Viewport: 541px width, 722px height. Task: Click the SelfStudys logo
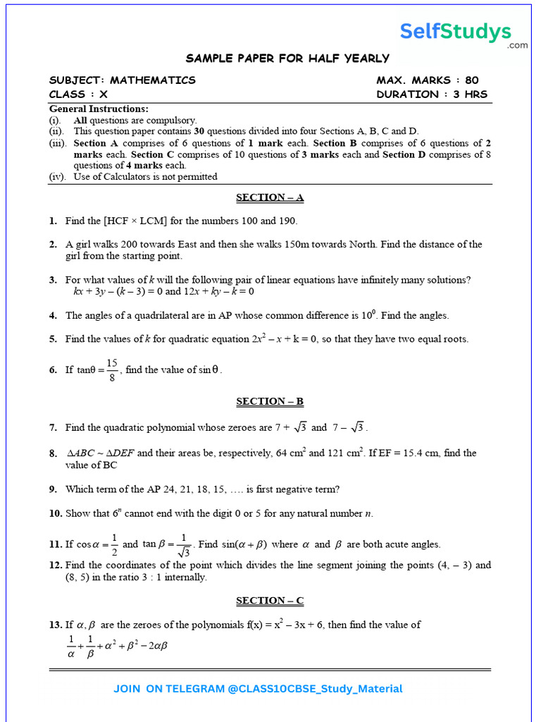click(x=456, y=32)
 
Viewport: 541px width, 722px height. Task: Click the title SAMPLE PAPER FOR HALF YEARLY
click(x=287, y=59)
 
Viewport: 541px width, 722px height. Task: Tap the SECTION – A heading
click(x=270, y=197)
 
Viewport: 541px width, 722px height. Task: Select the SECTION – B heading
click(x=270, y=401)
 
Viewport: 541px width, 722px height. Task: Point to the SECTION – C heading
click(x=270, y=601)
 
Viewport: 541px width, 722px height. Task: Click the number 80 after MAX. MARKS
click(x=472, y=80)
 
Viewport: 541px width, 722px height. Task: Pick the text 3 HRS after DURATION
click(x=471, y=94)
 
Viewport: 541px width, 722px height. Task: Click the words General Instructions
click(x=99, y=109)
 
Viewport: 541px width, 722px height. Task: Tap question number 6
click(x=53, y=369)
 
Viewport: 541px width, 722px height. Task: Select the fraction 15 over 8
click(x=112, y=369)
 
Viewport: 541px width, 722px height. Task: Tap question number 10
click(x=56, y=513)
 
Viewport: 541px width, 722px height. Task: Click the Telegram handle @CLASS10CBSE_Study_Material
click(x=316, y=689)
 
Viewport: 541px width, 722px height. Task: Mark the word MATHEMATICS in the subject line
click(x=153, y=80)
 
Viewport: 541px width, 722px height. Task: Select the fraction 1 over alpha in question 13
click(x=70, y=645)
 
